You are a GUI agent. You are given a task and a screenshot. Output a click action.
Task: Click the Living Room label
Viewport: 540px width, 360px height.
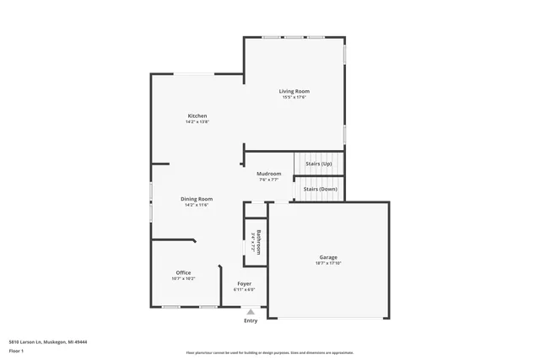pos(295,91)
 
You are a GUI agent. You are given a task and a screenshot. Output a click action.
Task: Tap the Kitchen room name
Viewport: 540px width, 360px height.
pos(197,116)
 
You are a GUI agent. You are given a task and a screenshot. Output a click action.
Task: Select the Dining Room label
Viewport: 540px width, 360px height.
pos(196,199)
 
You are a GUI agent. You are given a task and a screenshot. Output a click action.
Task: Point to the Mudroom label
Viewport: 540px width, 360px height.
pos(269,174)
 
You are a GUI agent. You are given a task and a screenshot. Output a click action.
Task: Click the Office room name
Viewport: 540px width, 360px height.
pos(183,272)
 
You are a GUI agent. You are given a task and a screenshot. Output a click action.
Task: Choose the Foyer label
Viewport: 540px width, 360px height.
pos(244,283)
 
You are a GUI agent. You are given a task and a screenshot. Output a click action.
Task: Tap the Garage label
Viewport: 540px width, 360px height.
pos(328,257)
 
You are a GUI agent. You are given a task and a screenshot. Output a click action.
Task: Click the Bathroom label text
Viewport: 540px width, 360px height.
pos(259,242)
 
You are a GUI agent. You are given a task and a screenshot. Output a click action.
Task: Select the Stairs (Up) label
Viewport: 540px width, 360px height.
pos(318,164)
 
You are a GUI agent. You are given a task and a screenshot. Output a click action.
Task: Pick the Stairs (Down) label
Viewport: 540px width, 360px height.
pos(320,189)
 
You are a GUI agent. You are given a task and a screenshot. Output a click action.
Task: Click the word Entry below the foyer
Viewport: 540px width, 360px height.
pos(251,320)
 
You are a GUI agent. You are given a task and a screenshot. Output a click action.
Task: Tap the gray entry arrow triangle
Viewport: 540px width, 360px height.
pos(251,312)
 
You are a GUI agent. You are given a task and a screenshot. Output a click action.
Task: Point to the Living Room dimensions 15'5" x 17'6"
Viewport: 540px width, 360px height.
pos(294,98)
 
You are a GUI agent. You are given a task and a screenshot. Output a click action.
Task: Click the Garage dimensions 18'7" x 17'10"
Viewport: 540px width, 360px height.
pos(328,264)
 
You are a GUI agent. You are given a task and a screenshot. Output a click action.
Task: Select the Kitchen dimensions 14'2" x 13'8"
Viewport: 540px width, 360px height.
pos(197,122)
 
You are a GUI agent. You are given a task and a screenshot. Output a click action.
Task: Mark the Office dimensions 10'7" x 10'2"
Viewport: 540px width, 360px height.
pos(183,279)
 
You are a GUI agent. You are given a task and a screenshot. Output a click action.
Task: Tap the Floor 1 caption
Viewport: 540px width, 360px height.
pos(16,351)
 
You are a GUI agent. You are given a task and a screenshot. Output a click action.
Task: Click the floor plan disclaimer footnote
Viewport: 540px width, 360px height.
pos(269,352)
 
